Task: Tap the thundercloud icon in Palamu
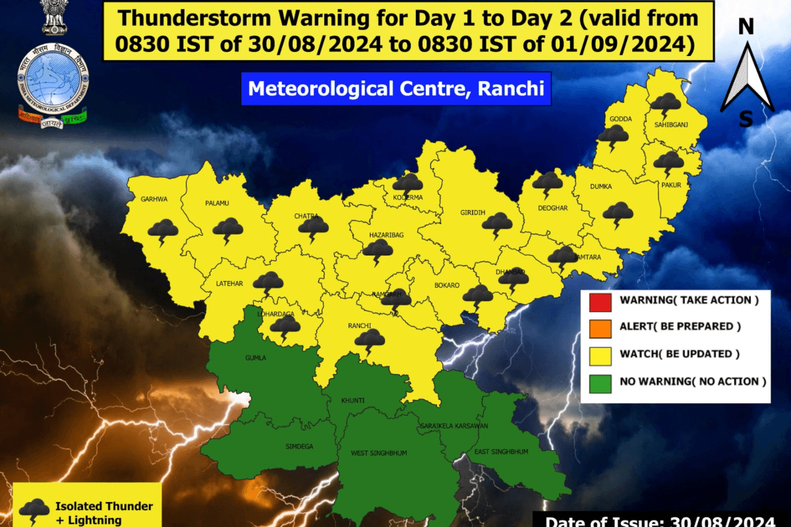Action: pos(227,230)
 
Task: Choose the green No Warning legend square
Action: pos(601,381)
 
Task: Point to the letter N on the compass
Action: pos(746,27)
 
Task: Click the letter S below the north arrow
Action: pos(746,119)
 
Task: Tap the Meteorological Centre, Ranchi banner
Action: pos(395,88)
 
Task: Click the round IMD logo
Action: pos(53,80)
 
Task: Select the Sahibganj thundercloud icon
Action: pos(666,104)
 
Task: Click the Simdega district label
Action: pos(299,446)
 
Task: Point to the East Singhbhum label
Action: pos(502,451)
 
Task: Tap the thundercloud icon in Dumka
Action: pos(618,214)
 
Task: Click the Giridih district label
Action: pos(472,212)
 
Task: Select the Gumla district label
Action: pos(256,357)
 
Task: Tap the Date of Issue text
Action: pos(666,520)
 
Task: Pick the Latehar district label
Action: pos(229,284)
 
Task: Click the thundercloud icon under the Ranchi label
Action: pos(370,341)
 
